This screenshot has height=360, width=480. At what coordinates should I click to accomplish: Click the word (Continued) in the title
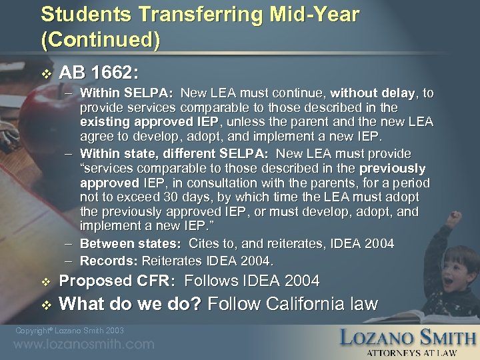(x=100, y=40)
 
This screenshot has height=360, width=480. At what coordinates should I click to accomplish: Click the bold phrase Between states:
(x=130, y=244)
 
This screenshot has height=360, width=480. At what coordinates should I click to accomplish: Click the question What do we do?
(x=131, y=305)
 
